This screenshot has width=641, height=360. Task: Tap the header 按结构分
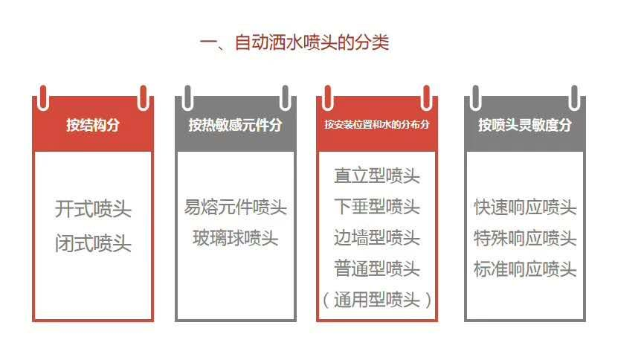point(93,125)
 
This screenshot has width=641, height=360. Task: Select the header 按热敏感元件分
point(236,125)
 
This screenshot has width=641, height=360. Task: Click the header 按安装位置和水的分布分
point(377,124)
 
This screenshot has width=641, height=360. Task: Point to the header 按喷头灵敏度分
point(525,125)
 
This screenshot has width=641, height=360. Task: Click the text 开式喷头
point(93,209)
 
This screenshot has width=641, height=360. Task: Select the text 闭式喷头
point(93,243)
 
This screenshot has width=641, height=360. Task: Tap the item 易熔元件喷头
point(236,207)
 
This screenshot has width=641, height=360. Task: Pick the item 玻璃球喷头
point(236,238)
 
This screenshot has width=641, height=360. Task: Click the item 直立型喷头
point(377,176)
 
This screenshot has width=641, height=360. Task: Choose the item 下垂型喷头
point(377,207)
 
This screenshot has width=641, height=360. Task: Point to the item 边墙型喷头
point(377,238)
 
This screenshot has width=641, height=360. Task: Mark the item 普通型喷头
point(377,269)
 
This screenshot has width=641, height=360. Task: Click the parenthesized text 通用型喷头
point(377,300)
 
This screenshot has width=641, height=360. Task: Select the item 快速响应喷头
point(525,207)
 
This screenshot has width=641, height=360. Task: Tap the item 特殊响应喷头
point(525,238)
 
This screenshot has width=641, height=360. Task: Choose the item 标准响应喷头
point(525,269)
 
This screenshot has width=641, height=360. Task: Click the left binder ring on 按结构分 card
point(43,98)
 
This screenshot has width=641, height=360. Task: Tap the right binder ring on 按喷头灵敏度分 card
point(574,98)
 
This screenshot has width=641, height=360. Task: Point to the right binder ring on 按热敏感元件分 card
point(286,98)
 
